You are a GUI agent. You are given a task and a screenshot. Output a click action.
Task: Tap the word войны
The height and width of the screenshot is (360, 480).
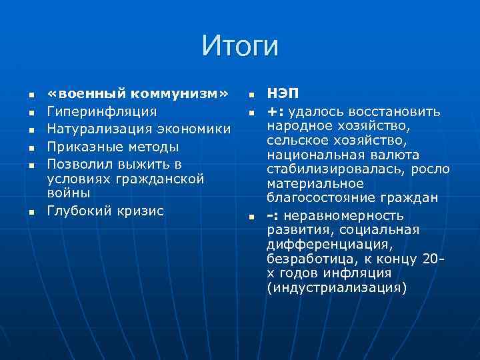coord(68,193)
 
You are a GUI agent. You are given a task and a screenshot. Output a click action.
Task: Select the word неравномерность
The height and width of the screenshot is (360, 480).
coord(343,215)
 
